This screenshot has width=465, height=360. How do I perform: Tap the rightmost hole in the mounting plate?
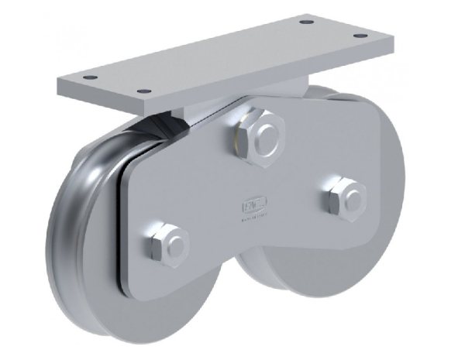(358, 36)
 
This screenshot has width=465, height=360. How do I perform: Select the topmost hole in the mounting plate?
(307, 22)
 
